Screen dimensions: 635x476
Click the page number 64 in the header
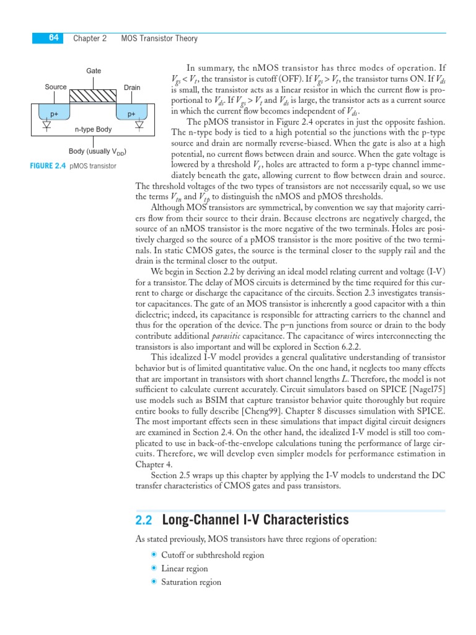coord(53,38)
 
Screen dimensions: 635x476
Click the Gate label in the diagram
coord(94,71)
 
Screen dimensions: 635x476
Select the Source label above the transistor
coord(56,87)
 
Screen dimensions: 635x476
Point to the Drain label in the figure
coord(132,87)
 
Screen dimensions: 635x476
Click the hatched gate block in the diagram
coord(94,97)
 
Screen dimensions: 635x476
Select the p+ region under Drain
coord(131,114)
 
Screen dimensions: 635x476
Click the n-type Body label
coord(93,130)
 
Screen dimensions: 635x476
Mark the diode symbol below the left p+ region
coord(46,126)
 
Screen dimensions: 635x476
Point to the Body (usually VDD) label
coord(98,151)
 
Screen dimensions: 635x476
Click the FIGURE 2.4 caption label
coord(48,166)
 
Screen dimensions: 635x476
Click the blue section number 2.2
coord(144,520)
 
